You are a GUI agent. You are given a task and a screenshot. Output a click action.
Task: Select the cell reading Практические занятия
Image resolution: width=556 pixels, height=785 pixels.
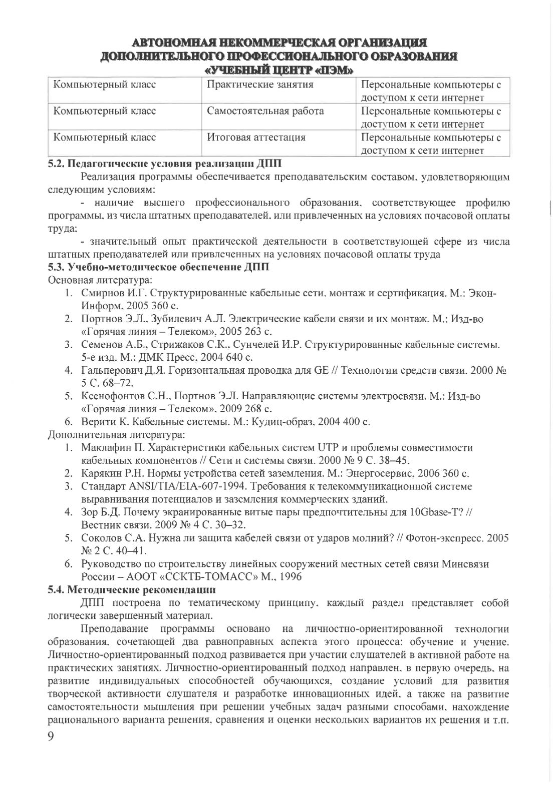(x=260, y=85)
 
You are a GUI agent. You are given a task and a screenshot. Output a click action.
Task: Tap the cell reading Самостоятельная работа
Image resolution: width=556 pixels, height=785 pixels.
(x=265, y=111)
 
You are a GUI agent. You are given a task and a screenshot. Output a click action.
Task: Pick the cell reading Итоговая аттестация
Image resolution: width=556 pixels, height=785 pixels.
(x=256, y=137)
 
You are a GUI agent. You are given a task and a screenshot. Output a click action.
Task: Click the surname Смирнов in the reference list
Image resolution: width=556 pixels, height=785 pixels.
(x=102, y=293)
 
